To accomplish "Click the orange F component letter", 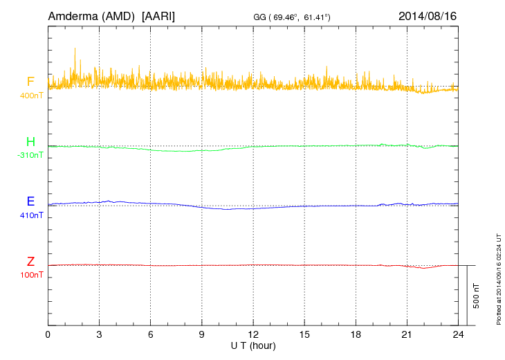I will click(30, 82).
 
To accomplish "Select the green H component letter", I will click(30, 142).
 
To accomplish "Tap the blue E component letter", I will click(30, 201).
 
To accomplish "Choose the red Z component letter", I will click(30, 261).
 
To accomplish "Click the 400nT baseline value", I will click(32, 96).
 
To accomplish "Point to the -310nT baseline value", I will click(30, 155).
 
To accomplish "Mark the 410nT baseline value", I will click(32, 215).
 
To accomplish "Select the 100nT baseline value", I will click(32, 275).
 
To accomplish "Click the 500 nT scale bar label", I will click(477, 296).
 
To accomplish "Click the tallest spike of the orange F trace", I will click(74, 48).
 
